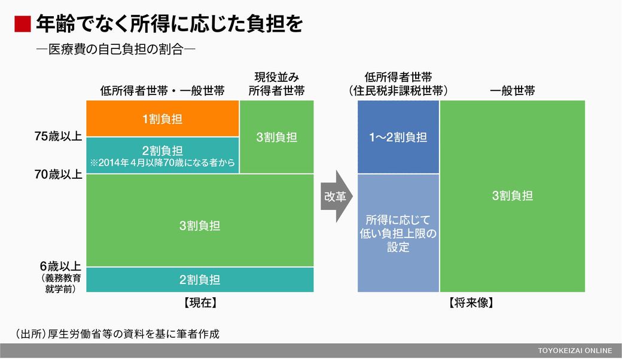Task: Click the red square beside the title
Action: (x=22, y=24)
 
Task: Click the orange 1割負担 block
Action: (x=163, y=118)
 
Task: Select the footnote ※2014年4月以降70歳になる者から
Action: (x=163, y=163)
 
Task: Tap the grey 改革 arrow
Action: (x=337, y=196)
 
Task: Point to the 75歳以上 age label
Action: (x=59, y=136)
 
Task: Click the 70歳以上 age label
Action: (x=59, y=175)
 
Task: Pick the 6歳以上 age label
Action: (x=60, y=266)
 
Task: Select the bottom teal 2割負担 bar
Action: (x=200, y=279)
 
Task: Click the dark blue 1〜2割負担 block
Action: (x=398, y=137)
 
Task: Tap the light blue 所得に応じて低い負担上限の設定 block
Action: (x=398, y=233)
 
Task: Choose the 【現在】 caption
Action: (x=200, y=303)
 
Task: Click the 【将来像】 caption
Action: (x=471, y=303)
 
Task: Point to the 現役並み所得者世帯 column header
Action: (x=276, y=84)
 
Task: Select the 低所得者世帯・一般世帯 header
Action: (x=163, y=91)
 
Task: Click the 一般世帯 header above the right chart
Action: (x=513, y=91)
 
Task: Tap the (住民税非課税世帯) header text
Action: (x=398, y=91)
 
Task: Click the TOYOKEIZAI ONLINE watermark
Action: (x=575, y=351)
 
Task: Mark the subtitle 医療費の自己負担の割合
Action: (x=116, y=50)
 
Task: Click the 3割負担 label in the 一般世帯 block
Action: (x=513, y=196)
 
